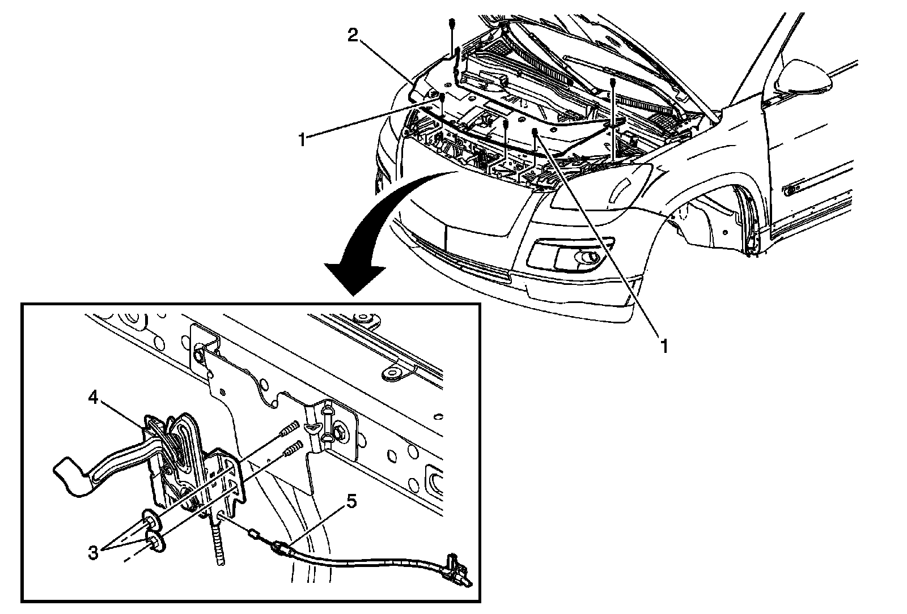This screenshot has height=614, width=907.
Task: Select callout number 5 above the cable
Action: click(x=351, y=502)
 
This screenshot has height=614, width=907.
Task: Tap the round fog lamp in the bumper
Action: click(x=587, y=258)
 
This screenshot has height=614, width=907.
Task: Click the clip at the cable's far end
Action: click(x=459, y=573)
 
